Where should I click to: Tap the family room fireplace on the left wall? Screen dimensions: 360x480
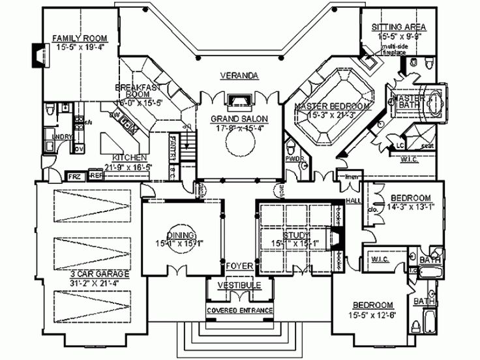pyautogui.click(x=37, y=56)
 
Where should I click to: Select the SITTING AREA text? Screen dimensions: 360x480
pyautogui.click(x=399, y=27)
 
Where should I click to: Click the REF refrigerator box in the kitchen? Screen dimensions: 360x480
pyautogui.click(x=95, y=176)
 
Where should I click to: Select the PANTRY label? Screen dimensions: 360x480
pyautogui.click(x=173, y=147)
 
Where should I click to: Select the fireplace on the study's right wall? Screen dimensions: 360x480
pyautogui.click(x=337, y=239)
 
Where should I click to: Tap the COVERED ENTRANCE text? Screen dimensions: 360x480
pyautogui.click(x=239, y=310)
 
